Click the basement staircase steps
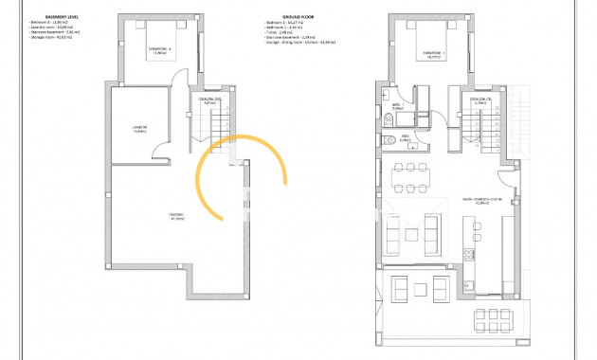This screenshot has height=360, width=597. coord(219,122)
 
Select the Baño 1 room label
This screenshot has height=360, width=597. coord(396,106)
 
